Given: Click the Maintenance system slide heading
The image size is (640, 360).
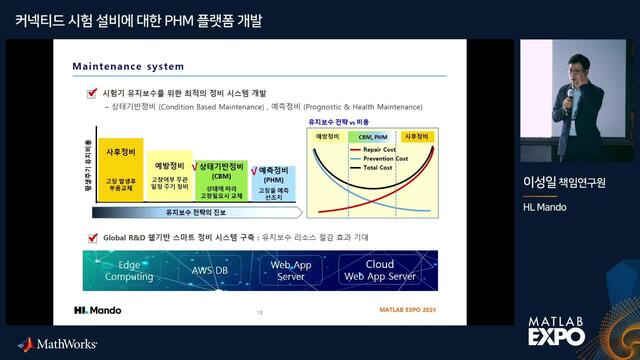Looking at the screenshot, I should (x=128, y=67).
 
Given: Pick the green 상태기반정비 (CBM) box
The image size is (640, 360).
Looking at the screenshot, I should (x=221, y=182).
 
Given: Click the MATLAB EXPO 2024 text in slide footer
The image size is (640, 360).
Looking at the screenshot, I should (x=410, y=311).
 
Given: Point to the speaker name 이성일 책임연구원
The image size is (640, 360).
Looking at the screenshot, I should (x=564, y=182).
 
